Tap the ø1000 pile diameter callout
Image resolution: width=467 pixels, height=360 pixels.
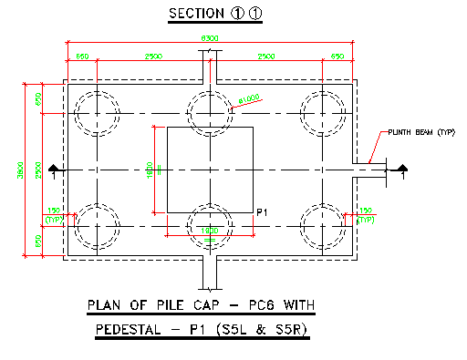tap(249, 98)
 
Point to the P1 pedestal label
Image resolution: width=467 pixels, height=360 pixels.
tap(261, 212)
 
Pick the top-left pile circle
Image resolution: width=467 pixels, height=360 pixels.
tap(96, 112)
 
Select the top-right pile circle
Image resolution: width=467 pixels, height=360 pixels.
tap(324, 112)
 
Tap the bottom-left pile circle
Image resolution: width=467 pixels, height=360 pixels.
tap(96, 224)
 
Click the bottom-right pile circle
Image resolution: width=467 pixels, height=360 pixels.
tap(324, 224)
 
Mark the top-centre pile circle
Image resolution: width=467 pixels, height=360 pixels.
tap(210, 112)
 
